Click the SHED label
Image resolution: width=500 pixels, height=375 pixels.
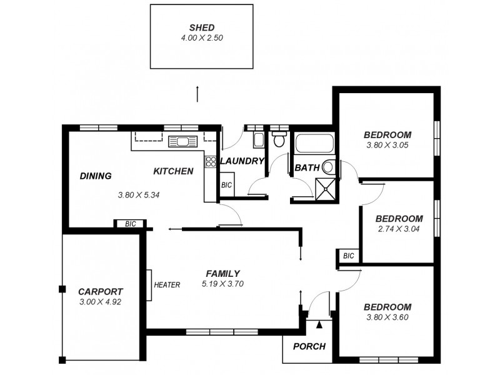pos(202,27)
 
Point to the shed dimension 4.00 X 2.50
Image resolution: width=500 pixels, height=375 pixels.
pos(202,37)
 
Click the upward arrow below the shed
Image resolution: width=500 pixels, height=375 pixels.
pos(197,94)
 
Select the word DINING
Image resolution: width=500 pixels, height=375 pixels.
pos(96,176)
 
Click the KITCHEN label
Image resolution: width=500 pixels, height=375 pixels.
pos(173,171)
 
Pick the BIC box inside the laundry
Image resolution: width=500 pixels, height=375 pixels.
pos(226,186)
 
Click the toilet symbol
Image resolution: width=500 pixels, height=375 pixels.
pos(279,139)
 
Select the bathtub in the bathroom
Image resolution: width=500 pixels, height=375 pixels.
pos(314,145)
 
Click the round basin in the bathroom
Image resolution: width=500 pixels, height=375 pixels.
pos(329,167)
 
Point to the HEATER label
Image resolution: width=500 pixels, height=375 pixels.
pos(167,285)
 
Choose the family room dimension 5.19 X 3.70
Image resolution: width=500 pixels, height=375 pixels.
pos(222,284)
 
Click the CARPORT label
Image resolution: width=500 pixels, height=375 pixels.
pos(100,291)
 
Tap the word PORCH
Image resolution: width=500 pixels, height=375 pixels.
pos(309,347)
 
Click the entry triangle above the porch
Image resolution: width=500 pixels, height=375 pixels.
pos(319,324)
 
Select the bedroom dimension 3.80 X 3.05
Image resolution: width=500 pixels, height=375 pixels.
pos(387,145)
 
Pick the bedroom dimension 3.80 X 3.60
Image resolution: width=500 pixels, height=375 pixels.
pos(387,317)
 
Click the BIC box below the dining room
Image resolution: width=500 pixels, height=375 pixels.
pos(131,224)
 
